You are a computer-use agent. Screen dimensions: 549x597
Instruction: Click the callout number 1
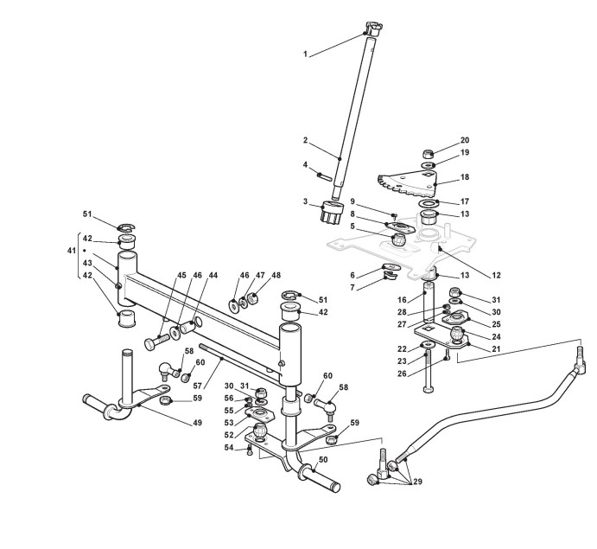point(305,55)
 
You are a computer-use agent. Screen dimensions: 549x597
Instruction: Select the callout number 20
point(465,140)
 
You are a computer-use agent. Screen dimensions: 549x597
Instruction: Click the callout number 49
point(198,423)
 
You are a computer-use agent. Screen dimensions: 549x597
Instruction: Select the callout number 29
point(418,480)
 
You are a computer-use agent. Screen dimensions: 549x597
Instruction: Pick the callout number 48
point(276,276)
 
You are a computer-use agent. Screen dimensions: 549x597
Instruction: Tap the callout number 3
point(305,201)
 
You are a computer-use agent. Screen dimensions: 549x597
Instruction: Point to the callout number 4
point(305,164)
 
